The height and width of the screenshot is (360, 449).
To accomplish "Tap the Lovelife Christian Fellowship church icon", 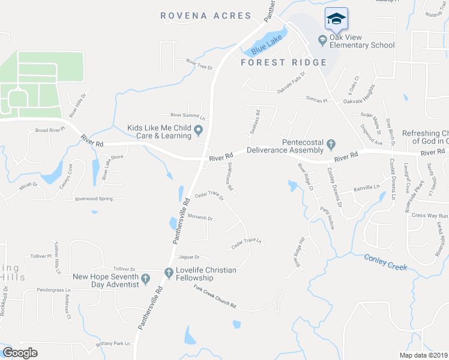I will pos(169,273).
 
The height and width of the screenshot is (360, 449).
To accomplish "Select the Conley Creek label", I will pos(385,262).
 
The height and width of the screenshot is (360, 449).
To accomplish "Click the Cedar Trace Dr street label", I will pos(209,197).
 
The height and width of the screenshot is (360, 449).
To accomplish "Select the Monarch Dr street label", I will pos(200,218).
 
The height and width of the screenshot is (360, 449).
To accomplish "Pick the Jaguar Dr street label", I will pos(188,257).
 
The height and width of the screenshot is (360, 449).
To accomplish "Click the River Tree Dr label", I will pos(199,65).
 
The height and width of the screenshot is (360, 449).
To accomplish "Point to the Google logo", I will pos(20,353).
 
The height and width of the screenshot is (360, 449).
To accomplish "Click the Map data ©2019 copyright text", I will pos(424,355).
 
